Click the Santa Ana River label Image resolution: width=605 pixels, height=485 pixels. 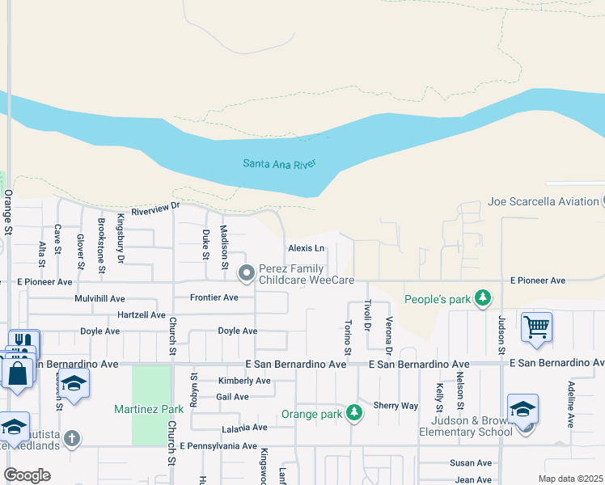(x=279, y=164)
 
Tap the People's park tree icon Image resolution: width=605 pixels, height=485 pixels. (x=483, y=299)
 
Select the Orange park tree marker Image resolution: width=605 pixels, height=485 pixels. (x=354, y=414)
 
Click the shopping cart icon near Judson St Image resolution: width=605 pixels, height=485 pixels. (x=536, y=327)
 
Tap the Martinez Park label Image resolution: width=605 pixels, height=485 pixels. (x=150, y=409)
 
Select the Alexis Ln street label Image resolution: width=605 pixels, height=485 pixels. (x=306, y=248)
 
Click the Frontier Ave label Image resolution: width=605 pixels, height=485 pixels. (x=214, y=297)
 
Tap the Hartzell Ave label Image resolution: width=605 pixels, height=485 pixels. (x=141, y=314)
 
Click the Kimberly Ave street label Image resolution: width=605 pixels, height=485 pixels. (x=244, y=381)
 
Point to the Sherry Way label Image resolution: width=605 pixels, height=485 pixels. (x=396, y=406)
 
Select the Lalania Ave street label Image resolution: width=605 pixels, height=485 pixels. (x=244, y=428)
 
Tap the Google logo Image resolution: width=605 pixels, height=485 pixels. (x=27, y=475)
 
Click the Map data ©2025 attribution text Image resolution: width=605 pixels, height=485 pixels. (x=570, y=479)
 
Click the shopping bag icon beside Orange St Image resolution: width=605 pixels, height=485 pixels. (x=16, y=376)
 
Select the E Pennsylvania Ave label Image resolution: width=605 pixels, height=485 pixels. (x=218, y=445)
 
